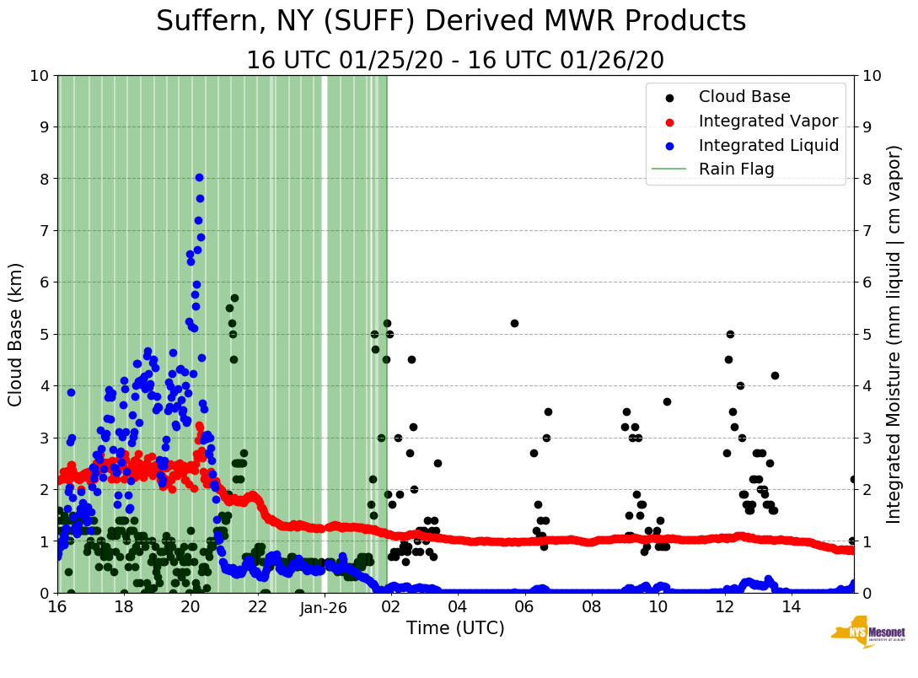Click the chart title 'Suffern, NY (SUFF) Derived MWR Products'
coord(451,22)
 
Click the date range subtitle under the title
coord(454,61)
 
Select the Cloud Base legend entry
coord(744,97)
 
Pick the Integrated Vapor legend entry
coord(768,121)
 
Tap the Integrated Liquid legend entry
coord(768,145)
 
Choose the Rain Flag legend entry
coord(736,169)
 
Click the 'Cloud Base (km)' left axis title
coord(16,334)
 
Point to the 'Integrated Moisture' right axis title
coord(895,334)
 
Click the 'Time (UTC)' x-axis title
coord(455,628)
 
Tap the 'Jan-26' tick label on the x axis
coord(325,607)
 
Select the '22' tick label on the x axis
coord(258,607)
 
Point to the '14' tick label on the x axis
coord(791,607)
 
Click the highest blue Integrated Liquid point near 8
coord(199,177)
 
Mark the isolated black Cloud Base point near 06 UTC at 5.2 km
coord(514,323)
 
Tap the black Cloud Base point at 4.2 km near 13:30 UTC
coord(775,375)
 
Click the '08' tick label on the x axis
coord(591,607)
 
